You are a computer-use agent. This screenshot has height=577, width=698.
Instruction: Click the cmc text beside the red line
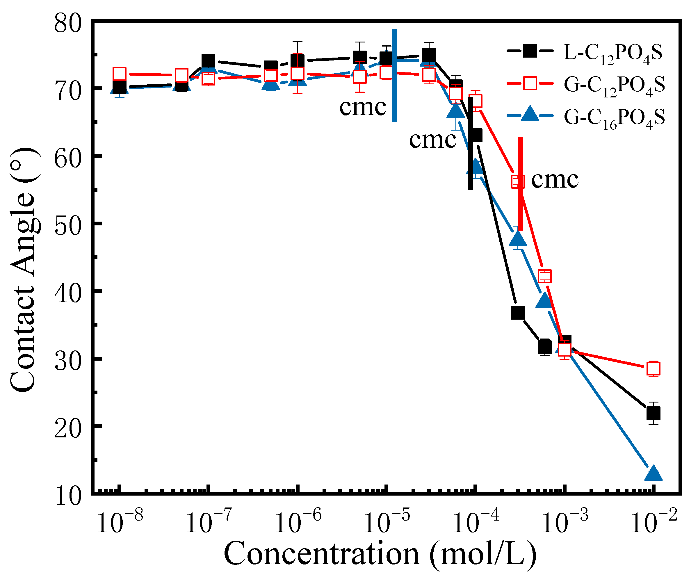(x=554, y=180)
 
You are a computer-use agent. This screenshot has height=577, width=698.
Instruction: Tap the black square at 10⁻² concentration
(x=653, y=414)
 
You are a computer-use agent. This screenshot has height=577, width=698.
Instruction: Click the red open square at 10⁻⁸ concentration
(x=120, y=74)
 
